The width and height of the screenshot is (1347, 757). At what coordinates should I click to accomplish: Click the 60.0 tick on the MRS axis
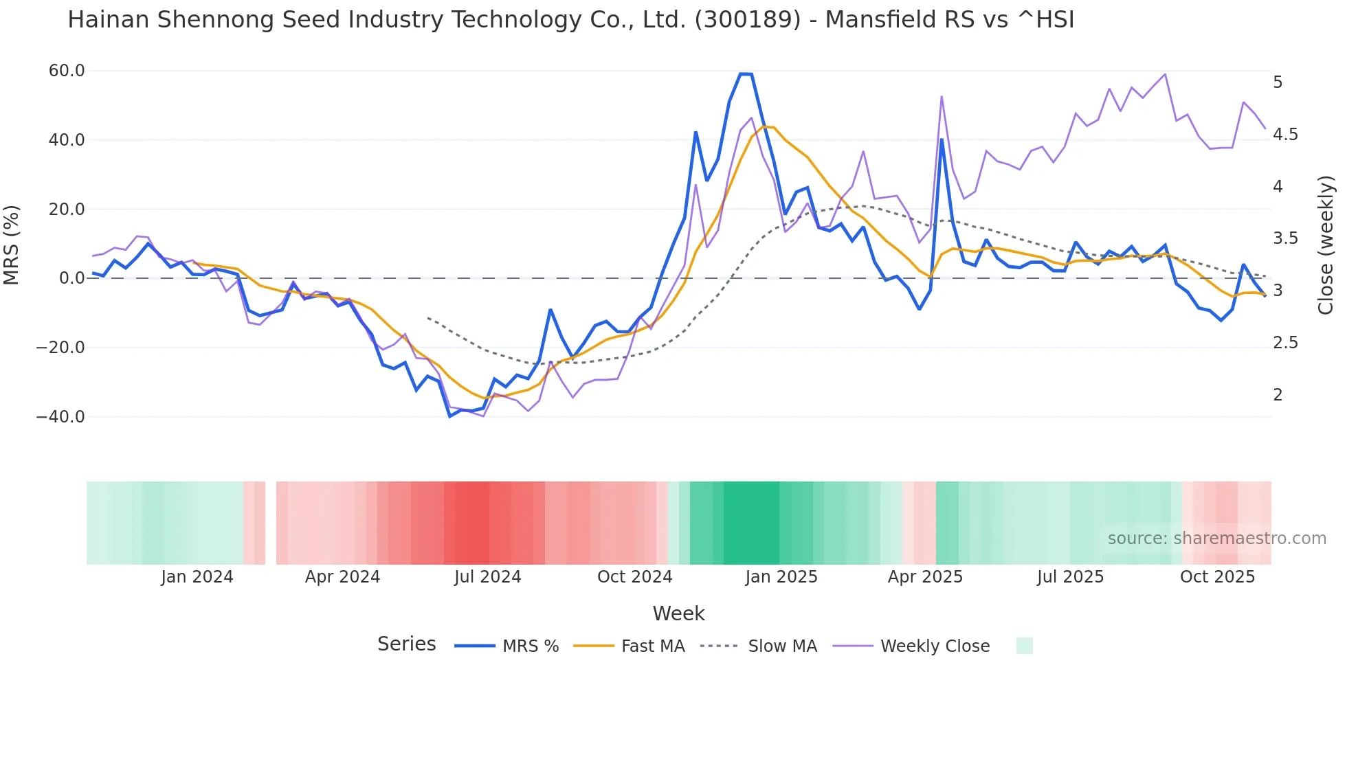[67, 71]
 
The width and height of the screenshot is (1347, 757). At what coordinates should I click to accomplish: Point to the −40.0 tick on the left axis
[60, 417]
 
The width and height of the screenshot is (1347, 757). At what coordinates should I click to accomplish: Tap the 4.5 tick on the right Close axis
[1285, 135]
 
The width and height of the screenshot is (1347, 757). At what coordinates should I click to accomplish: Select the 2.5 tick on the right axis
[1285, 343]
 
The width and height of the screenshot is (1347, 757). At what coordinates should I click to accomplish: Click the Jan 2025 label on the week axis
[781, 577]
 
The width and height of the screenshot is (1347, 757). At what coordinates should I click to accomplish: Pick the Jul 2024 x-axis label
[487, 577]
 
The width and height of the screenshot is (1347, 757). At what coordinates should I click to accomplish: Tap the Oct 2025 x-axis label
[1217, 577]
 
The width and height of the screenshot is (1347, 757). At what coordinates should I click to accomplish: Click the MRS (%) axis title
[12, 245]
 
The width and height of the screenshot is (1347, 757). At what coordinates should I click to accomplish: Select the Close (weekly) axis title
[1326, 245]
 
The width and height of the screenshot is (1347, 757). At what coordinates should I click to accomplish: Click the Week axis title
[678, 613]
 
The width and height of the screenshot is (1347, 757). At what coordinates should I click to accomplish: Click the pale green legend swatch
[1024, 646]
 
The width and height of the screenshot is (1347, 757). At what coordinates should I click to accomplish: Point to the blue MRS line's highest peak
[746, 74]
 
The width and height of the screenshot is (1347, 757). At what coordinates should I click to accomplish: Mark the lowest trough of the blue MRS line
[450, 416]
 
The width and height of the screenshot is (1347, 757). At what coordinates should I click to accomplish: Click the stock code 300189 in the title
[748, 20]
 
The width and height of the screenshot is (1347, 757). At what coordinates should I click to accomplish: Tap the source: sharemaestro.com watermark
[1216, 539]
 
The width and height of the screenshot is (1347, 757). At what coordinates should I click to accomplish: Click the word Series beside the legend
[406, 644]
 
